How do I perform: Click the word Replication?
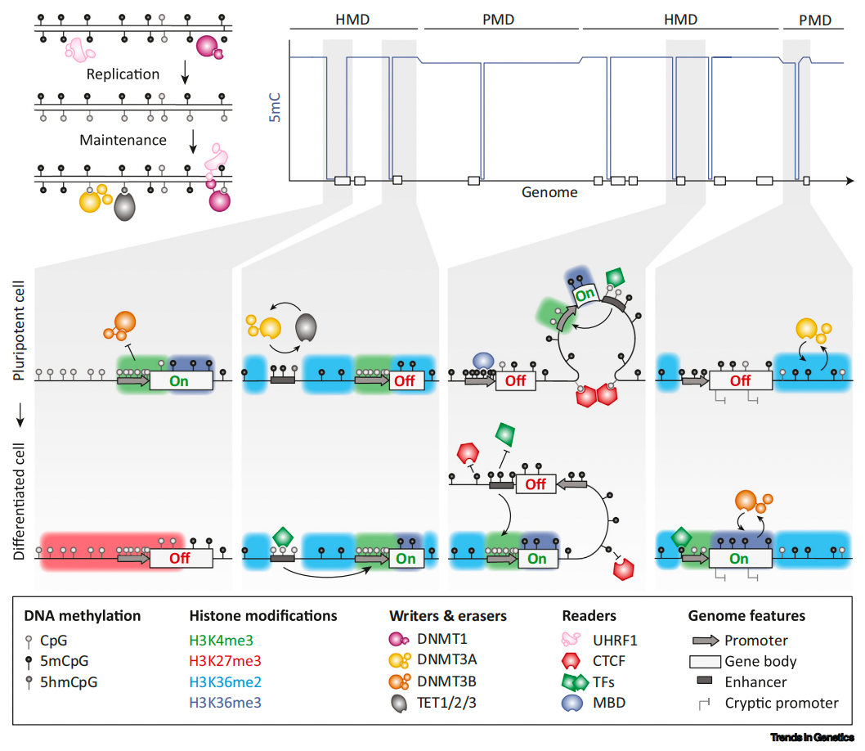123,74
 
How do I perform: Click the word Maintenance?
123,140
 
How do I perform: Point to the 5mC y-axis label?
276,107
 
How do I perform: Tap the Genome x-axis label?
549,193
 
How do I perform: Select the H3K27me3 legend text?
225,660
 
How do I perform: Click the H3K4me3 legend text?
222,639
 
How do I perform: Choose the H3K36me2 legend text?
225,681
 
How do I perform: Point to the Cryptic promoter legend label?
782,703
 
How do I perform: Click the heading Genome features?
746,615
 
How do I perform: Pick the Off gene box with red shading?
179,559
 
